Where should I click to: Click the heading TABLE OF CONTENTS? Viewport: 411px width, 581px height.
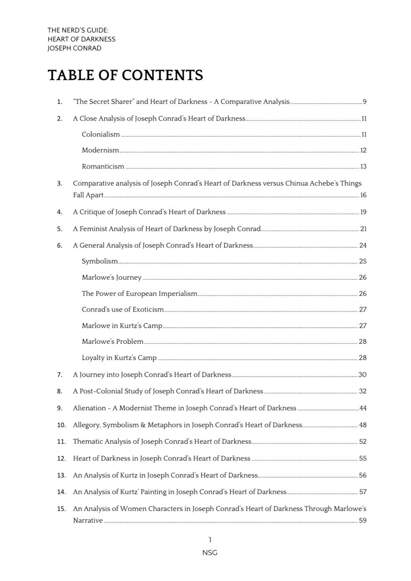[x=125, y=75]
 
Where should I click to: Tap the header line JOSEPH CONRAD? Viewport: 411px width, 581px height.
[x=74, y=48]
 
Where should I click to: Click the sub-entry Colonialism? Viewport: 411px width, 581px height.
[x=100, y=134]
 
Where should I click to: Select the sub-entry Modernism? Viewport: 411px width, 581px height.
[x=100, y=151]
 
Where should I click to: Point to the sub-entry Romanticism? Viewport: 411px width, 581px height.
[x=103, y=167]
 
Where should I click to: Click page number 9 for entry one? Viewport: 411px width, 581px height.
[x=364, y=102]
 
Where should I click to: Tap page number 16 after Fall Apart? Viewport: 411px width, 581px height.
[x=363, y=195]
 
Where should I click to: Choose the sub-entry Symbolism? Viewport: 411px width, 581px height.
[x=99, y=261]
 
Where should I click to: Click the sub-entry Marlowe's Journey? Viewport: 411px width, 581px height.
[x=111, y=278]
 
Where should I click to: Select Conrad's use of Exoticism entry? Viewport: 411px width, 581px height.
[x=122, y=310]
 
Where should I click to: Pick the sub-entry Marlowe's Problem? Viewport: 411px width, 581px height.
[x=112, y=342]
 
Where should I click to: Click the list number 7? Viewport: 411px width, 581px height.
[x=60, y=375]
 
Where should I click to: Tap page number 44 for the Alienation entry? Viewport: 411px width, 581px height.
[x=363, y=408]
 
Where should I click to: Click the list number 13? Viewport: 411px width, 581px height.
[x=61, y=476]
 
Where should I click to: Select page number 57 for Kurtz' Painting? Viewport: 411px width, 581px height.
[x=363, y=492]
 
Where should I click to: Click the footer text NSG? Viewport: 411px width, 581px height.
[x=210, y=552]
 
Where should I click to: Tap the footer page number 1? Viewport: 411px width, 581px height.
[x=210, y=540]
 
